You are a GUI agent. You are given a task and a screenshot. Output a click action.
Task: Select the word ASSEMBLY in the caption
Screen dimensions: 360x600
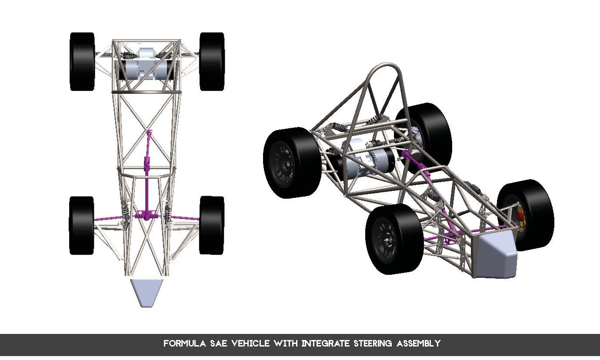[x=419, y=343]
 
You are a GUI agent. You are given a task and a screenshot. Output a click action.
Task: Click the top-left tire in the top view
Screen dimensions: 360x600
[x=82, y=61]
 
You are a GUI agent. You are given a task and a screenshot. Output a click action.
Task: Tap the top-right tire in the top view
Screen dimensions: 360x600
[x=212, y=61]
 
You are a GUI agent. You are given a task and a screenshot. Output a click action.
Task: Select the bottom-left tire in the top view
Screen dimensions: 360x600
[x=81, y=225]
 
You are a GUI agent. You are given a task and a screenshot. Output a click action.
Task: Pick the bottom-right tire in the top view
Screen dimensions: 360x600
[x=212, y=225]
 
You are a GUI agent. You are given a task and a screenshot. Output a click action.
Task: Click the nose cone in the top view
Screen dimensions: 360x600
[x=147, y=292]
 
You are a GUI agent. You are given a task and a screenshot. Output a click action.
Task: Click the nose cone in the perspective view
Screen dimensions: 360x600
[x=496, y=258]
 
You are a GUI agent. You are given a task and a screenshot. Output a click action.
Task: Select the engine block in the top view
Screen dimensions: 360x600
[x=147, y=67]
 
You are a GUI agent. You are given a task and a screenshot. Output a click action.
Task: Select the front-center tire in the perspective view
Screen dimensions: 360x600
[x=393, y=239]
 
